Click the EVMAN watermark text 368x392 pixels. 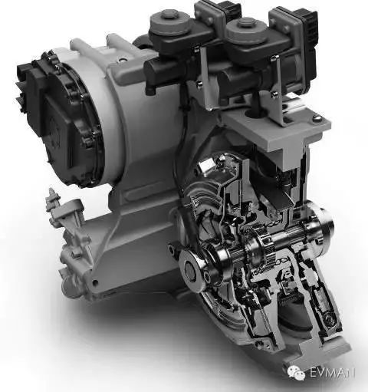point(332,372)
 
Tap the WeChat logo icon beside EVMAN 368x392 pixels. point(296,373)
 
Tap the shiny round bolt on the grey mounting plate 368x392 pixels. point(317,118)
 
